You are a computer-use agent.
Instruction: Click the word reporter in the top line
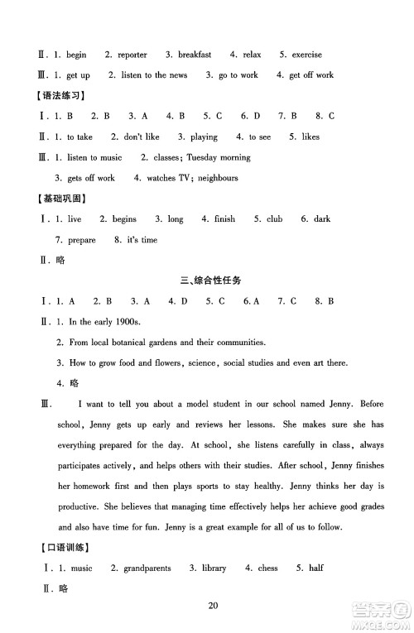coord(132,55)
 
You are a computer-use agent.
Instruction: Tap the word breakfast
coord(194,55)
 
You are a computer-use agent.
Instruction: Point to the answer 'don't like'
coord(140,137)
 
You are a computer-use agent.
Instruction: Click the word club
coord(274,219)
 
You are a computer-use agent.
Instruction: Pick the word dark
coord(321,219)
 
